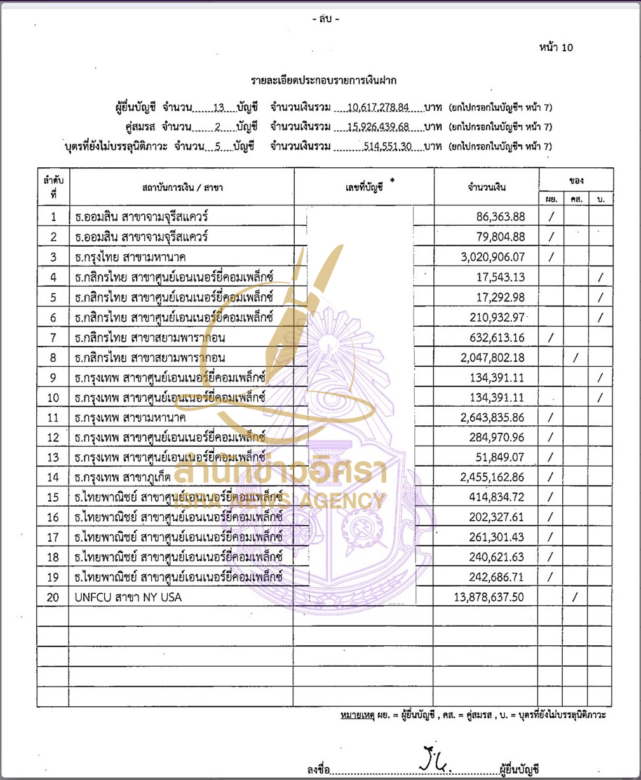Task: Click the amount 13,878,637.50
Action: [x=489, y=598]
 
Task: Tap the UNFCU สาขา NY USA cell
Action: [x=128, y=598]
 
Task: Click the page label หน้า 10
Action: [x=556, y=48]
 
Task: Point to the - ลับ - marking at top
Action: [x=326, y=19]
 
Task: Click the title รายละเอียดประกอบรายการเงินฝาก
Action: [x=323, y=81]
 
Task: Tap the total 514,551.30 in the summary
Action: [x=388, y=146]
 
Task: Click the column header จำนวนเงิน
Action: [x=486, y=187]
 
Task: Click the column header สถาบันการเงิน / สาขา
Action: [x=182, y=188]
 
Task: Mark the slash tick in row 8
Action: [x=575, y=358]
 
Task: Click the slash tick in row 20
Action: [x=575, y=598]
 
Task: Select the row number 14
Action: [x=53, y=477]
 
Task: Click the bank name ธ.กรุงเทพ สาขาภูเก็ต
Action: [x=123, y=477]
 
